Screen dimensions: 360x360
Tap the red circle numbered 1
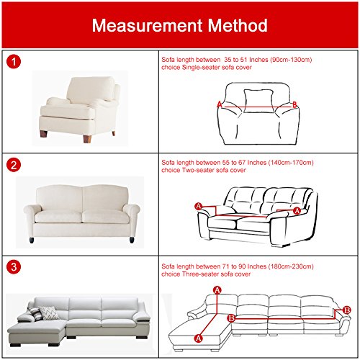pyautogui.click(x=14, y=63)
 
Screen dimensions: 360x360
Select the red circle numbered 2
pyautogui.click(x=14, y=165)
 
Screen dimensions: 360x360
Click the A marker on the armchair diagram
pyautogui.click(x=219, y=104)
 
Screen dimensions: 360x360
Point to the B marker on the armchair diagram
pyautogui.click(x=294, y=104)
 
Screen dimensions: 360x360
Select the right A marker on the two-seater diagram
pyautogui.click(x=297, y=210)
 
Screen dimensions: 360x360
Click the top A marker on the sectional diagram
pyautogui.click(x=217, y=289)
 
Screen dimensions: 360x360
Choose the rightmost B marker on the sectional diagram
pyautogui.click(x=347, y=310)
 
